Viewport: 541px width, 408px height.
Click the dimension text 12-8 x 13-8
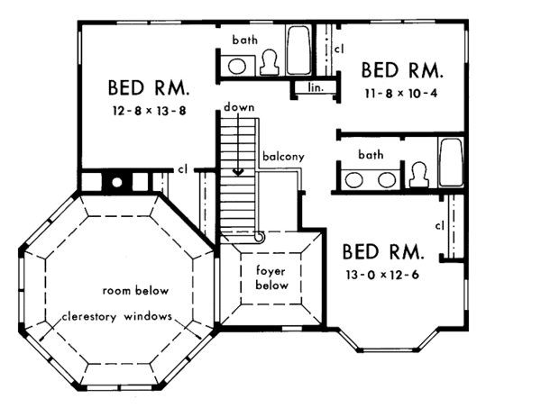coord(151,113)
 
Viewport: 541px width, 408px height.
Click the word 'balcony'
coord(283,157)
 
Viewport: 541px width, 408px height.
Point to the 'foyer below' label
coord(271,277)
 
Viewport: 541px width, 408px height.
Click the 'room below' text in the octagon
coord(135,292)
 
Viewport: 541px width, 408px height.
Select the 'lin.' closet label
coord(315,88)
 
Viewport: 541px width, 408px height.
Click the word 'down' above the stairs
coord(241,107)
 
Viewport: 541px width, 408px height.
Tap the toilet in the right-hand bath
coord(417,175)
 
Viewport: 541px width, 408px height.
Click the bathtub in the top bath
coord(299,51)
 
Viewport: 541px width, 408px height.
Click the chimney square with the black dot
coord(116,182)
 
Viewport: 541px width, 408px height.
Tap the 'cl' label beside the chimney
coord(182,168)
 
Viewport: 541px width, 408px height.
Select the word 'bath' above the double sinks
coord(370,155)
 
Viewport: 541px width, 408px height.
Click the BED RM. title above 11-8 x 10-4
coord(402,70)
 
